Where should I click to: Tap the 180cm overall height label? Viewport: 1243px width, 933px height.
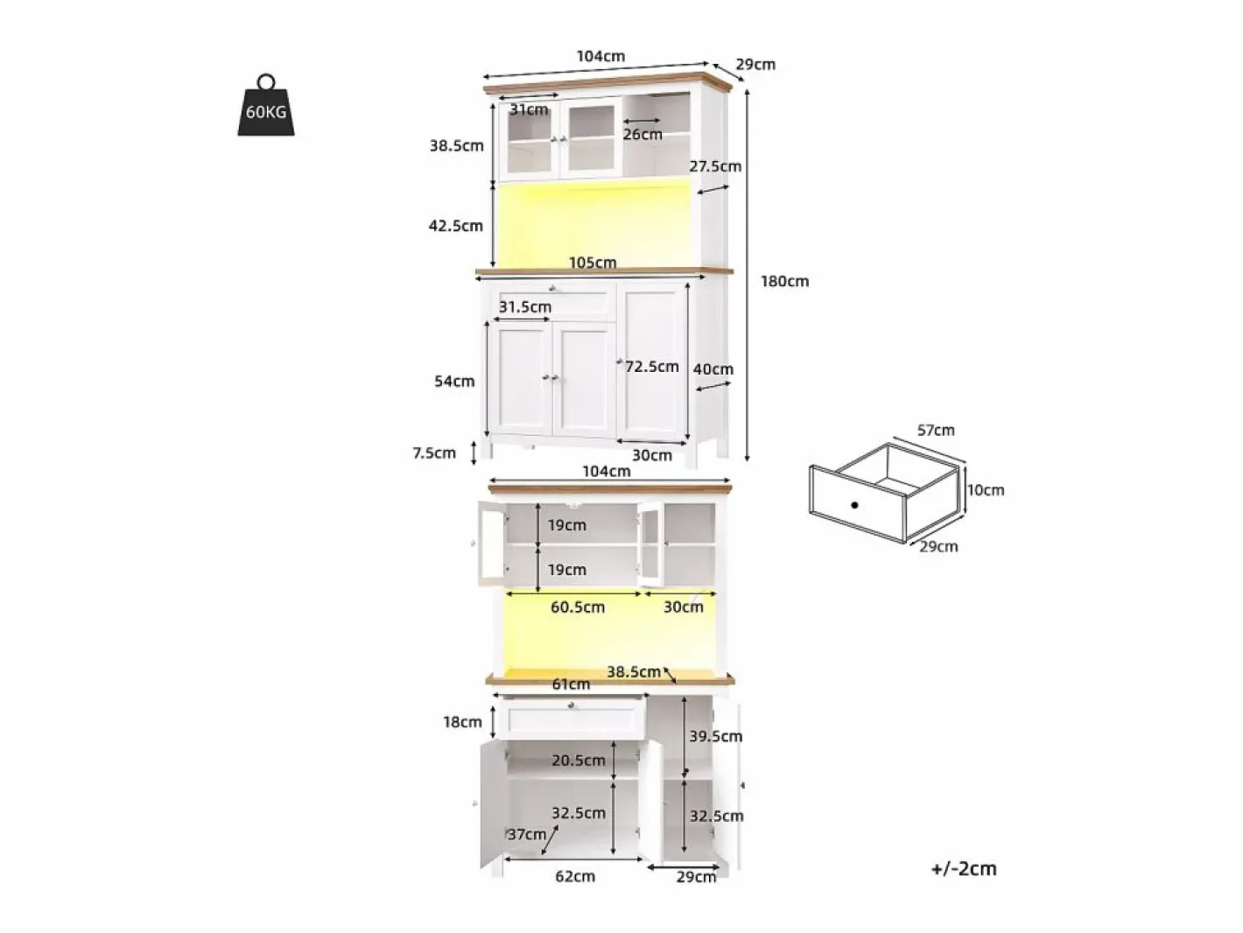784,281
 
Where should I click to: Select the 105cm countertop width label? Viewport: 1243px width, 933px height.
593,263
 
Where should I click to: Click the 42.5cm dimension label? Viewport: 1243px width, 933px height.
455,226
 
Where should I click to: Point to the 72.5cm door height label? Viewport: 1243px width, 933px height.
652,367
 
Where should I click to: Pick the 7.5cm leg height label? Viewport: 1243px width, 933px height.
434,452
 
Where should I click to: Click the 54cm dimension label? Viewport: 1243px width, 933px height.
454,382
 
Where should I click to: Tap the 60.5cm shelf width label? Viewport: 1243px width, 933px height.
578,607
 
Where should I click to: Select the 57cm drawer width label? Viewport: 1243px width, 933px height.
936,431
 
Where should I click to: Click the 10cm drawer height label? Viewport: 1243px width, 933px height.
986,490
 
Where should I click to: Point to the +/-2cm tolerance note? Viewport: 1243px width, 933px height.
964,868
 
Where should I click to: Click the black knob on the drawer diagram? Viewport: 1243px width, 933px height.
854,505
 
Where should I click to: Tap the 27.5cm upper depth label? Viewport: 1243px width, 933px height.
714,166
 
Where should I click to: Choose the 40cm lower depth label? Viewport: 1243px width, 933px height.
713,369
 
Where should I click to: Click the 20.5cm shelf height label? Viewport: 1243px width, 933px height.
579,761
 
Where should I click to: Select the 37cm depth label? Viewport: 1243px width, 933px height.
527,834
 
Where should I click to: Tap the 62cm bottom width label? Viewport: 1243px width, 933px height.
575,876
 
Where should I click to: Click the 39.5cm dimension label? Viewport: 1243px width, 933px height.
715,737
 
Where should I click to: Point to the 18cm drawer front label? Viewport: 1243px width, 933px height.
462,722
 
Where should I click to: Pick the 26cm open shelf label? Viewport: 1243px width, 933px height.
643,135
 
